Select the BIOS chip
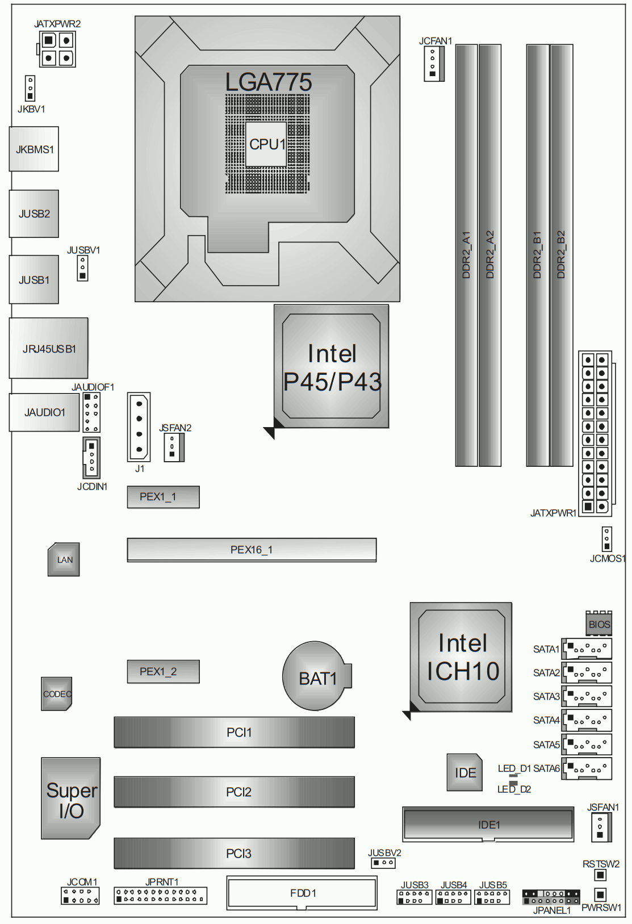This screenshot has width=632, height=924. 598,623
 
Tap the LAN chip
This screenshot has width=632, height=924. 64,559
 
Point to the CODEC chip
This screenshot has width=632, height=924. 57,693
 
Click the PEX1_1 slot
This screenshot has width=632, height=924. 164,497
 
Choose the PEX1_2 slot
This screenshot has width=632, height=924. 164,671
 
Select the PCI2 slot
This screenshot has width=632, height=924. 235,792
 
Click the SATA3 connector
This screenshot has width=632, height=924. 587,696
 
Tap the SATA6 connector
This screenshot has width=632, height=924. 587,768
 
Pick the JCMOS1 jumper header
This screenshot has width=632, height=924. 606,539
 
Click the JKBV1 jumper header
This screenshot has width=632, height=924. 30,88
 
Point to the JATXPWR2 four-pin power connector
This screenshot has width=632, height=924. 57,49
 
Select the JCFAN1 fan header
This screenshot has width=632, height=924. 434,64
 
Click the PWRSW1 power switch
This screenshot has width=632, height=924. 600,894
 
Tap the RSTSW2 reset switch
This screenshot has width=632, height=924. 600,875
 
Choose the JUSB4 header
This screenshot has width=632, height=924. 453,897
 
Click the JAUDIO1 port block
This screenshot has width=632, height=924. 44,412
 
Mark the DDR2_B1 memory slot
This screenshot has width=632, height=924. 537,255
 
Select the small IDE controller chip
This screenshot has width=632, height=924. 464,772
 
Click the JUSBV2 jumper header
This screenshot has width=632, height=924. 383,863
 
